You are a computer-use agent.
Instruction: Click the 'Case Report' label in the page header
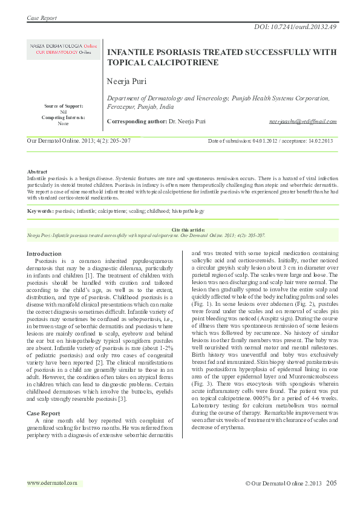pyautogui.click(x=42, y=18)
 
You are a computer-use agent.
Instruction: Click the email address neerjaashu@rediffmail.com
pyautogui.click(x=303, y=122)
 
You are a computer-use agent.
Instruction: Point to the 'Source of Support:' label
pyautogui.click(x=64, y=106)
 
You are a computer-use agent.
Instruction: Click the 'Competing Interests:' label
pyautogui.click(x=64, y=117)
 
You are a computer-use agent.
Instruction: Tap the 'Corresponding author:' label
pyautogui.click(x=137, y=122)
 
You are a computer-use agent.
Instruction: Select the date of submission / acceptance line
pyautogui.click(x=270, y=141)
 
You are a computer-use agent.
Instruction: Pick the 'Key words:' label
pyautogui.click(x=41, y=211)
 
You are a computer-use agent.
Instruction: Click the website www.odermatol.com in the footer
pyautogui.click(x=53, y=483)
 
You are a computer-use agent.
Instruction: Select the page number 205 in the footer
pyautogui.click(x=331, y=484)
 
